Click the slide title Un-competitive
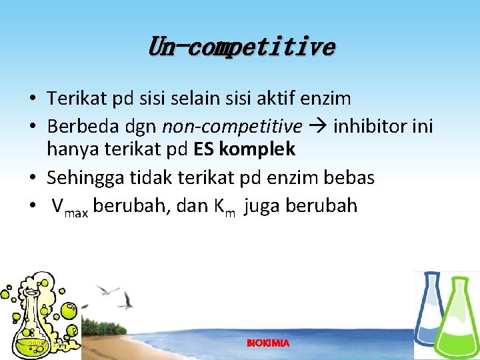(241, 47)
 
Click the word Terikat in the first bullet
(69, 99)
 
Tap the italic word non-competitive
(232, 125)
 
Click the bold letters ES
(204, 150)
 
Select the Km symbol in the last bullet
(225, 207)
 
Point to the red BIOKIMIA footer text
(268, 343)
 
